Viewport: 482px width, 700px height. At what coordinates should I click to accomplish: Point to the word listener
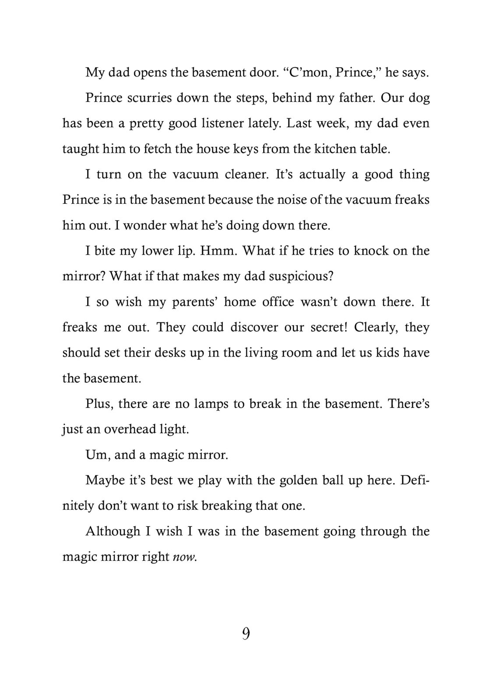click(x=229, y=123)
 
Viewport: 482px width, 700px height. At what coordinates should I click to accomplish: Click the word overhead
click(x=137, y=429)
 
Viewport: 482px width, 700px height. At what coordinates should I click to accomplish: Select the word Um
click(x=97, y=455)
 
